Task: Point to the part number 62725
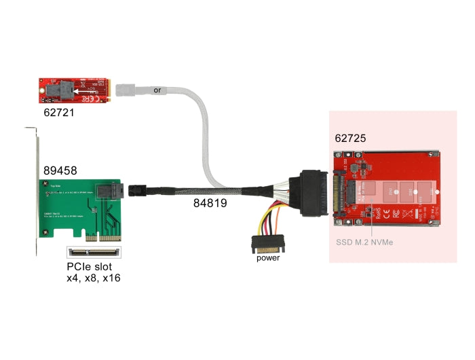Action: [350, 138]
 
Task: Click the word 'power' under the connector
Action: [267, 258]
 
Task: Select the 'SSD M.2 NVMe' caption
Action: [364, 242]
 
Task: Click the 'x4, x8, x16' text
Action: [93, 278]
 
